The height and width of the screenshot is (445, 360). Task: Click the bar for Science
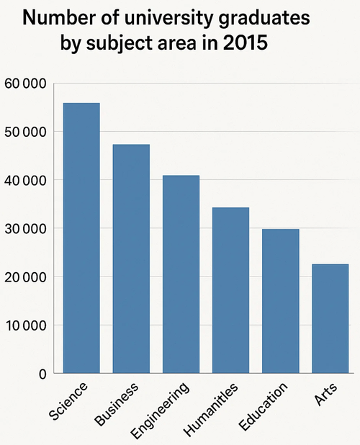(x=81, y=238)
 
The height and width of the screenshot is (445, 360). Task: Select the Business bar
(x=131, y=259)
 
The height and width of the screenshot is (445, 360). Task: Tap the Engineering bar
(x=181, y=274)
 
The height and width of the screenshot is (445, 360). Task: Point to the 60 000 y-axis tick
(x=25, y=84)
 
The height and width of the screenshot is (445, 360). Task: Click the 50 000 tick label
(x=25, y=132)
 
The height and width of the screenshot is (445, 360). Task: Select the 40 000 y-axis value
(x=25, y=180)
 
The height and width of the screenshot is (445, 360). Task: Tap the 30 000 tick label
(x=25, y=228)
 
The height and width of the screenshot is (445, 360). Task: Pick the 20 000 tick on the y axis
(x=25, y=277)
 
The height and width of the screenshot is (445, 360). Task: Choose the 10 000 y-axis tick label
(x=25, y=325)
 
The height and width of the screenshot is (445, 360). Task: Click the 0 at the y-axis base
(x=42, y=374)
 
